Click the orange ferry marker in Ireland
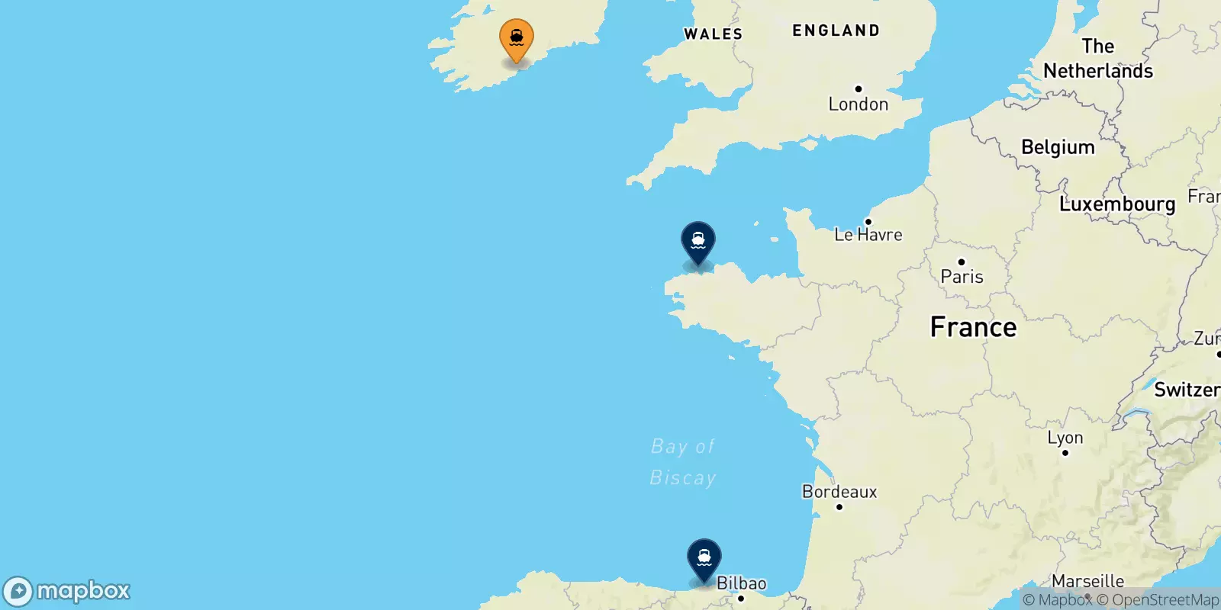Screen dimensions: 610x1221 (x=517, y=38)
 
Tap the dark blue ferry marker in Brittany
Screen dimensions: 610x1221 (x=697, y=241)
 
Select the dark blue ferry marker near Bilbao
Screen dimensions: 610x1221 (x=704, y=558)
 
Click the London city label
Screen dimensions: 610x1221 (x=858, y=104)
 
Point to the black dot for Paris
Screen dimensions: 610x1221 (x=961, y=262)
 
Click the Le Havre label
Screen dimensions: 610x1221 (x=868, y=235)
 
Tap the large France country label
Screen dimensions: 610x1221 (x=973, y=327)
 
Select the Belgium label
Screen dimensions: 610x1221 (x=1058, y=147)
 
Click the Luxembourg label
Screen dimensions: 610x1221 (x=1117, y=204)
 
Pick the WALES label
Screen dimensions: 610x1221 (x=713, y=34)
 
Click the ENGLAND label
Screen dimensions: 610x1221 (x=836, y=31)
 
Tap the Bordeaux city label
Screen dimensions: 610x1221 (x=839, y=492)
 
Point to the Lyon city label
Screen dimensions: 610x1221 (x=1065, y=438)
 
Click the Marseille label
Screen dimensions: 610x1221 (x=1087, y=581)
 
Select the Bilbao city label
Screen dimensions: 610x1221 (x=741, y=583)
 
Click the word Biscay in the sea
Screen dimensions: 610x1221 (x=682, y=478)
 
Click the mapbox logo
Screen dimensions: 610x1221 (x=67, y=591)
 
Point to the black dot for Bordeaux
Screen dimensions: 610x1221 (x=839, y=507)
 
